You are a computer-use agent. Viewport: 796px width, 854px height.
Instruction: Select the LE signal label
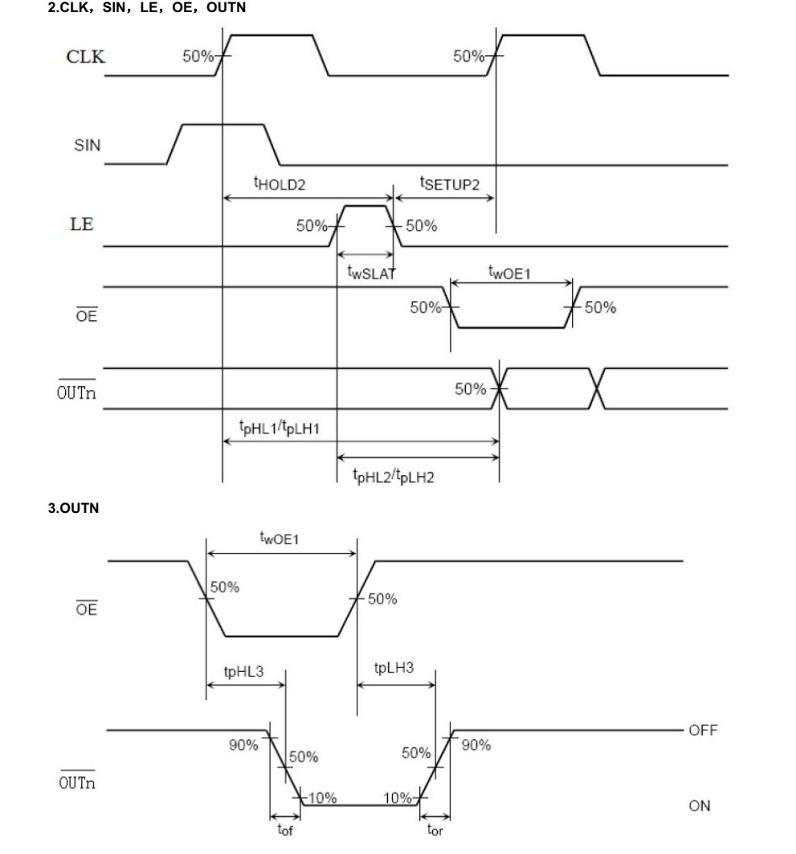point(82,224)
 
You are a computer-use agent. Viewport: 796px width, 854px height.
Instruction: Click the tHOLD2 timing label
point(279,184)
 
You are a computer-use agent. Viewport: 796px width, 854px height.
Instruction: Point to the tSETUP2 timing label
point(450,184)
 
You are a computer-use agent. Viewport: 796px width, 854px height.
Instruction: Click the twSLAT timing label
point(367,271)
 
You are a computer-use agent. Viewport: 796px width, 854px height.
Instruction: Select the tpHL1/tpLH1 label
point(280,428)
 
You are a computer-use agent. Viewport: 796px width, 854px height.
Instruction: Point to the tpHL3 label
point(243,670)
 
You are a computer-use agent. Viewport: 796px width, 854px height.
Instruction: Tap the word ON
point(699,805)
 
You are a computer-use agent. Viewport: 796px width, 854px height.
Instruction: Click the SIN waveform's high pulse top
point(223,124)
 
